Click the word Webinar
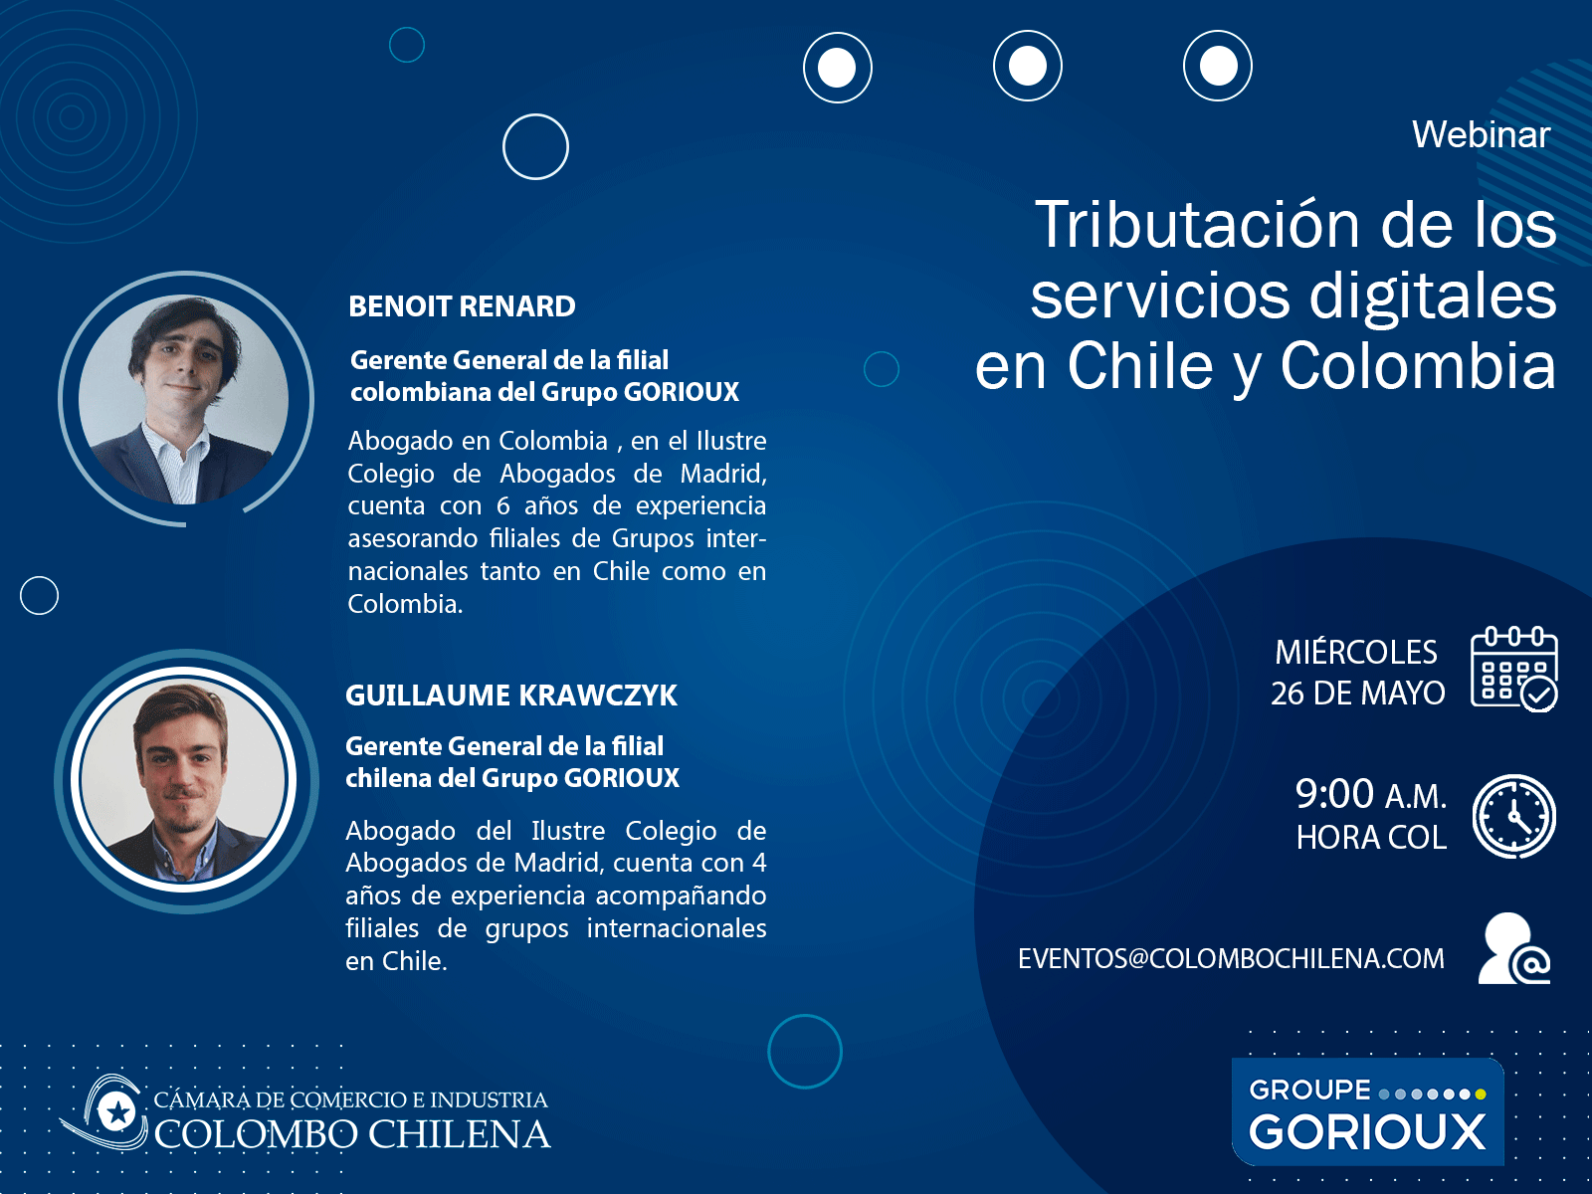coord(1481,135)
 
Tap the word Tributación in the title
coord(1197,225)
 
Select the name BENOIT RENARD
coord(462,305)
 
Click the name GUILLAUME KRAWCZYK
coord(511,696)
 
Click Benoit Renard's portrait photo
coord(183,399)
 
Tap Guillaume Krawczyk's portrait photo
coord(183,779)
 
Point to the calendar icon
coord(1513,669)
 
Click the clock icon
coord(1513,816)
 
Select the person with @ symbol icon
coord(1513,948)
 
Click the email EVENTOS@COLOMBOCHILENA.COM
coord(1231,958)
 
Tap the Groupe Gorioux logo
coord(1368,1111)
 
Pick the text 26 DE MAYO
coord(1358,694)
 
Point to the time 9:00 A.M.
coord(1371,795)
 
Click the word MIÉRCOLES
coord(1356,653)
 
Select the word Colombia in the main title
coord(1418,366)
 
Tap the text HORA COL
coord(1371,838)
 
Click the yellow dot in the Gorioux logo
coord(1481,1094)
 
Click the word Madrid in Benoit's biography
coord(722,474)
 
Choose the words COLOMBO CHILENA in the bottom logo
coord(352,1134)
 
